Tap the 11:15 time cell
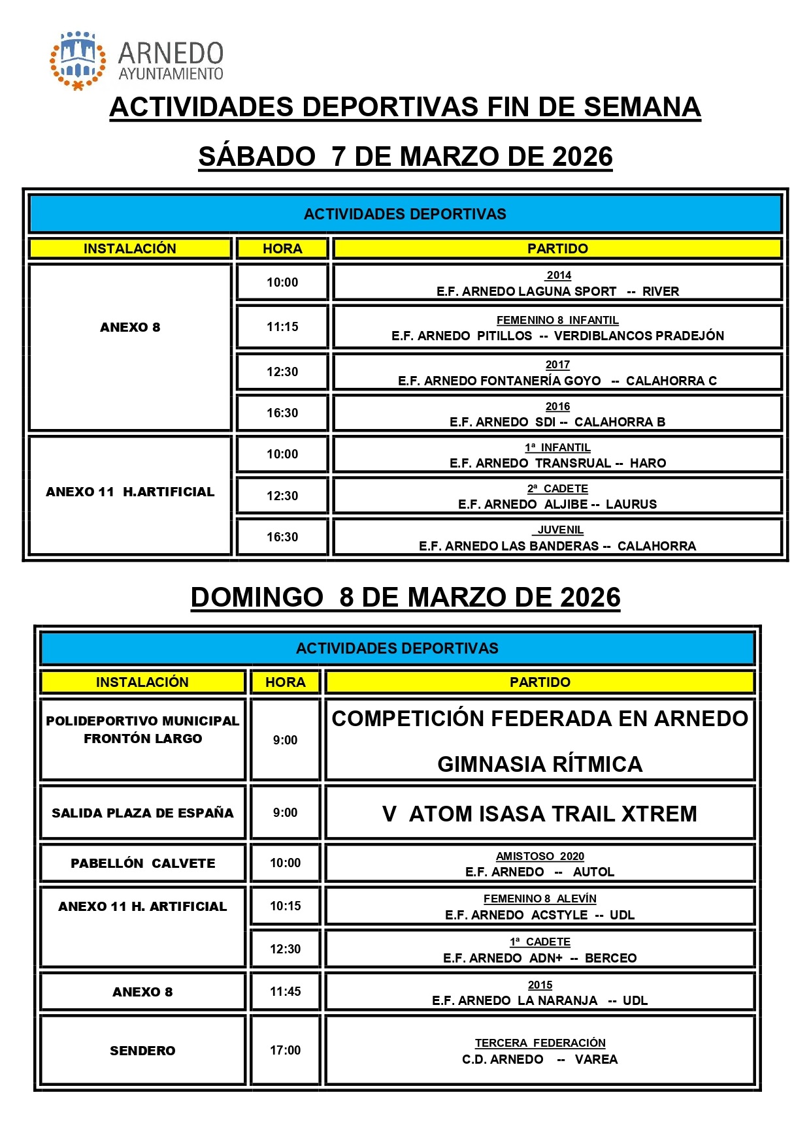(282, 326)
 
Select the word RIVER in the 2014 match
(660, 291)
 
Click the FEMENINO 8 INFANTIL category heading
(557, 320)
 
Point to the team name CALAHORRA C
(671, 381)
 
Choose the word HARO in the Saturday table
(648, 463)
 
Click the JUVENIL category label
(560, 530)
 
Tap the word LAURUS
(631, 504)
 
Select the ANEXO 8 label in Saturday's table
(130, 327)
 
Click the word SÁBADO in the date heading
(257, 157)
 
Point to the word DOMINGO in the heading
(257, 597)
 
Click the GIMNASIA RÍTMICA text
(540, 764)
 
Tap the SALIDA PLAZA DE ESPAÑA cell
(142, 813)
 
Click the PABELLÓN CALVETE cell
(142, 863)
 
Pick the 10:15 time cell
(286, 906)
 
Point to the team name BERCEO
(610, 958)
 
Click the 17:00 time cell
(286, 1050)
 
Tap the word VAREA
(596, 1059)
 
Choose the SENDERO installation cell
(142, 1051)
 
